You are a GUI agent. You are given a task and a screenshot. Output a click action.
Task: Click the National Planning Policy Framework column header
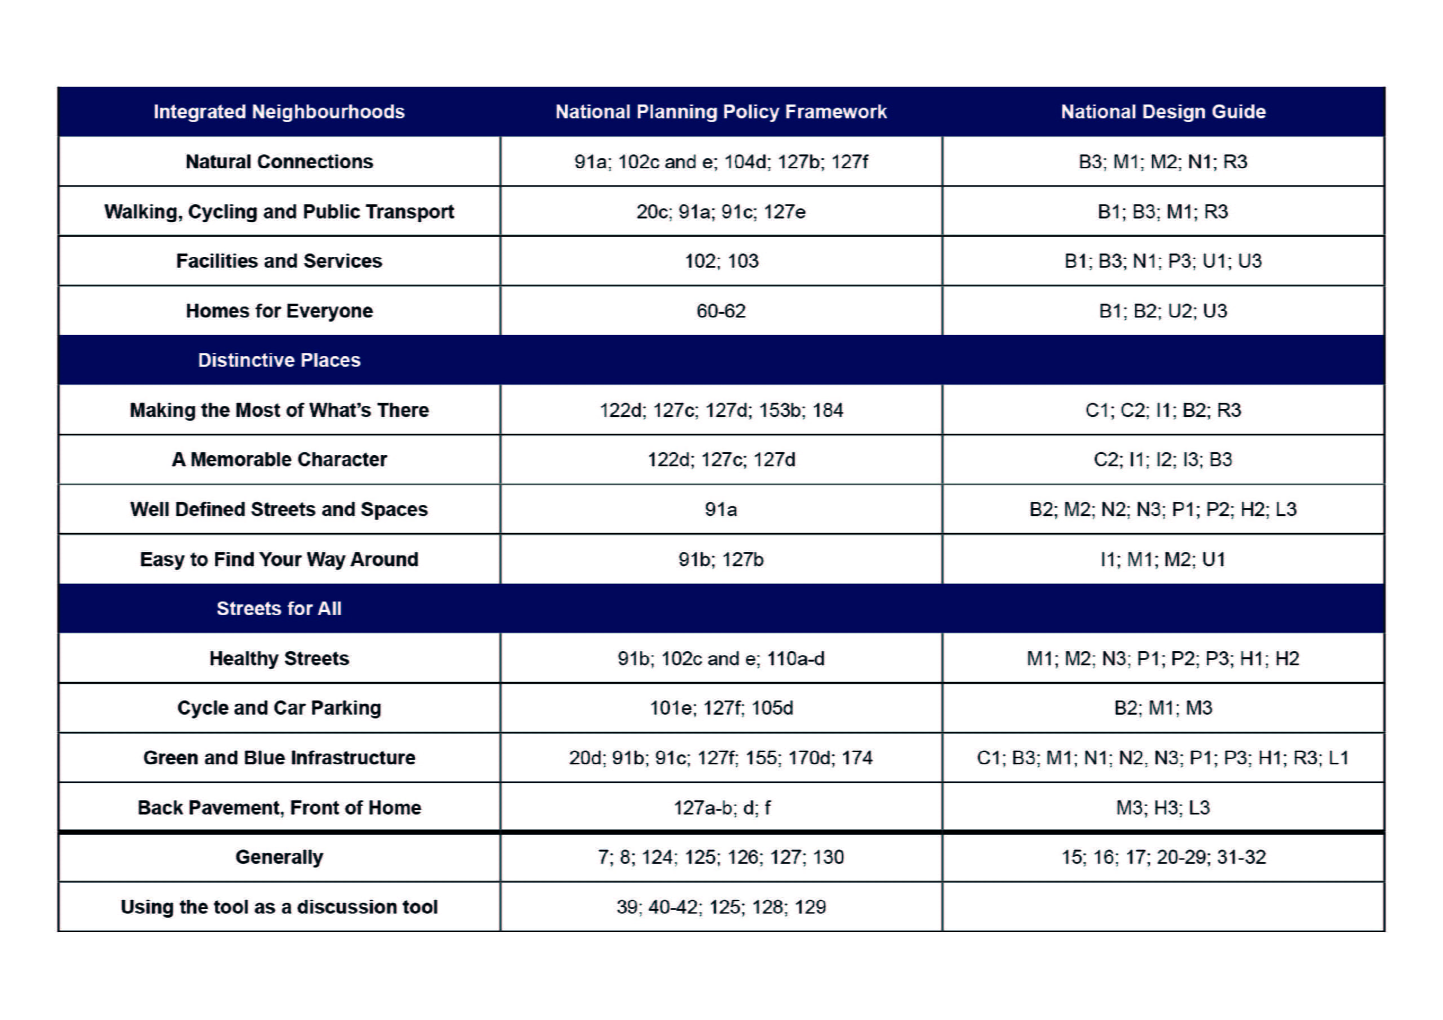click(721, 112)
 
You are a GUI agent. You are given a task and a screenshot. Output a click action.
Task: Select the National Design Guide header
click(1163, 112)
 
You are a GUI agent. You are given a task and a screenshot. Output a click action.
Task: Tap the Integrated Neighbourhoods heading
click(279, 112)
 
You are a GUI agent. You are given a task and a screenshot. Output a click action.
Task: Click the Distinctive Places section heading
click(279, 360)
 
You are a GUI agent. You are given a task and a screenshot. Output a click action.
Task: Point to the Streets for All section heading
click(279, 608)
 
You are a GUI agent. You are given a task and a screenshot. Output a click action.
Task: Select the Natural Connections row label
click(279, 162)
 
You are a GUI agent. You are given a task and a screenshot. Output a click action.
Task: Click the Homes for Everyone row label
click(279, 311)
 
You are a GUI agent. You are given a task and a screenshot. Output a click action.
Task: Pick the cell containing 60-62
click(721, 311)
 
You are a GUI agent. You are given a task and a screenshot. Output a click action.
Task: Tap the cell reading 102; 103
click(721, 261)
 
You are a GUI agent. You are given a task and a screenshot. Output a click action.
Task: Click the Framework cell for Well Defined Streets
click(721, 509)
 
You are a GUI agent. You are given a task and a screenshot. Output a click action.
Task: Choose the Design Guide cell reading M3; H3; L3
click(1163, 807)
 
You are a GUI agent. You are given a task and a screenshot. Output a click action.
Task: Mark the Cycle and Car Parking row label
click(279, 708)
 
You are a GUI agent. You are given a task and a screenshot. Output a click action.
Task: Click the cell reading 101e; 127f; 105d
click(721, 708)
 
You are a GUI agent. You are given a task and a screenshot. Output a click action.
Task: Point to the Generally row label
click(279, 857)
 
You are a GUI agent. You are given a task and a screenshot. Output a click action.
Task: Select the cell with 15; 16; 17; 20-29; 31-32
click(1163, 857)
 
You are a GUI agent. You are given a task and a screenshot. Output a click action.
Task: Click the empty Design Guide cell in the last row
click(1163, 906)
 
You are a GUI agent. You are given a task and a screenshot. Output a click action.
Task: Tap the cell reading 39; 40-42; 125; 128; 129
click(721, 906)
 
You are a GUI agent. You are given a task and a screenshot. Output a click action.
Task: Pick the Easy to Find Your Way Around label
click(279, 559)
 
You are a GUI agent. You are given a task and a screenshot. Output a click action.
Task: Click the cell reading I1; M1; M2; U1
click(1163, 559)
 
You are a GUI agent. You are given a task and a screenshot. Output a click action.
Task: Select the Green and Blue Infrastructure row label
click(279, 758)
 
